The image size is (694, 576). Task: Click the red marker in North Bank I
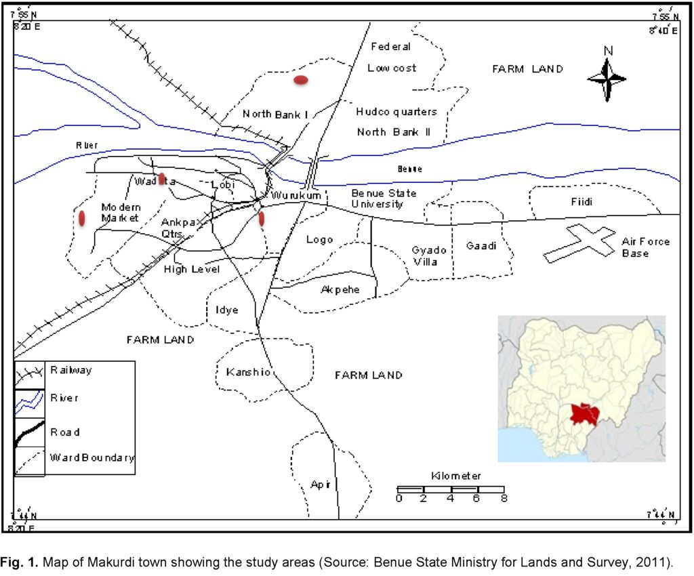pos(301,80)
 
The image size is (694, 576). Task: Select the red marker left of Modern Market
pos(82,218)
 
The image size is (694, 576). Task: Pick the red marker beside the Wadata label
pos(162,180)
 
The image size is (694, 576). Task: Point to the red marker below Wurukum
pos(262,218)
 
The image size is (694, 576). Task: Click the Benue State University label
pos(384,198)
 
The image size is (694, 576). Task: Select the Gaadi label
pos(481,245)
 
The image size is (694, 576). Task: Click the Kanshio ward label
pos(249,372)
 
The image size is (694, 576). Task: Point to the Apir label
pos(319,485)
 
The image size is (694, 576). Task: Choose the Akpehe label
pos(340,290)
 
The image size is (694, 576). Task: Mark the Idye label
pos(227,310)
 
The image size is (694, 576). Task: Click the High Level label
pos(192,269)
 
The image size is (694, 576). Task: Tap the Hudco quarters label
pos(396,112)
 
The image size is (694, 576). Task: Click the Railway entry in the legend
pos(70,371)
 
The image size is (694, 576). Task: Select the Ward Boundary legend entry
pos(92,458)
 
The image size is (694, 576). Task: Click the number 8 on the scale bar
pos(504,499)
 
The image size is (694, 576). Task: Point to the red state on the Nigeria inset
pos(584,414)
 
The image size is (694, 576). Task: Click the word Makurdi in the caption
pos(85,562)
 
